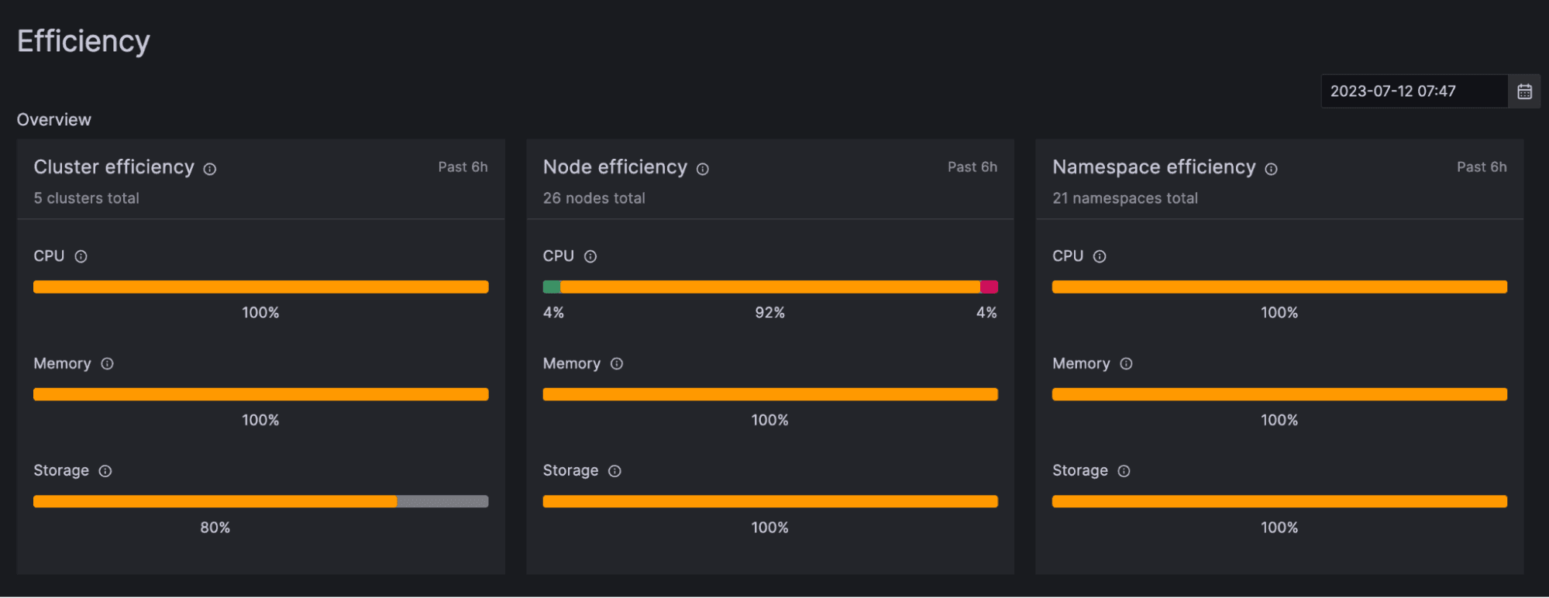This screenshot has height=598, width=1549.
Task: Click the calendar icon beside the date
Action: (x=1524, y=91)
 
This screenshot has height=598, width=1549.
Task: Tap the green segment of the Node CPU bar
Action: (x=552, y=287)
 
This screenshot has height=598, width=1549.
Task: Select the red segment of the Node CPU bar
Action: (x=989, y=287)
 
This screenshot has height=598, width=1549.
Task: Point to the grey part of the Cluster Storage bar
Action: (x=442, y=502)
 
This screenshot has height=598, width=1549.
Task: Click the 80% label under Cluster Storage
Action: (x=215, y=528)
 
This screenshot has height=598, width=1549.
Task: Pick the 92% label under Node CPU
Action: (x=769, y=313)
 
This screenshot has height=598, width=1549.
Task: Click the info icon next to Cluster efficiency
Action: (x=210, y=169)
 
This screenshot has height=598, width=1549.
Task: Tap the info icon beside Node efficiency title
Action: (x=703, y=169)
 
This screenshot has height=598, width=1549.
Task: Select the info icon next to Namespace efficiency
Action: (x=1272, y=169)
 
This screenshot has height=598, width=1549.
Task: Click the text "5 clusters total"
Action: (x=86, y=198)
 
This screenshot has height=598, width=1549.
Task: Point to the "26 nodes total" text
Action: (x=594, y=198)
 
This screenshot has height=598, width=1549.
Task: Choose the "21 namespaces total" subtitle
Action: (x=1124, y=198)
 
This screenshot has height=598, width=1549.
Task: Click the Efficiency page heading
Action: (x=84, y=41)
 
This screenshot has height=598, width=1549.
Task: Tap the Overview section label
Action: (x=54, y=120)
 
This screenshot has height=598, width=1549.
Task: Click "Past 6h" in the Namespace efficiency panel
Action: (x=1482, y=167)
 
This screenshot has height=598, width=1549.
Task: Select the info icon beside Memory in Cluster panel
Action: (x=108, y=364)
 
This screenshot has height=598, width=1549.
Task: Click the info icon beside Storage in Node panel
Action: (x=614, y=471)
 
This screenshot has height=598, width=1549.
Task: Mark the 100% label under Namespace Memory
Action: (x=1279, y=421)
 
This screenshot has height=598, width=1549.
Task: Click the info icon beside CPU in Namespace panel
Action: (x=1100, y=256)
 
